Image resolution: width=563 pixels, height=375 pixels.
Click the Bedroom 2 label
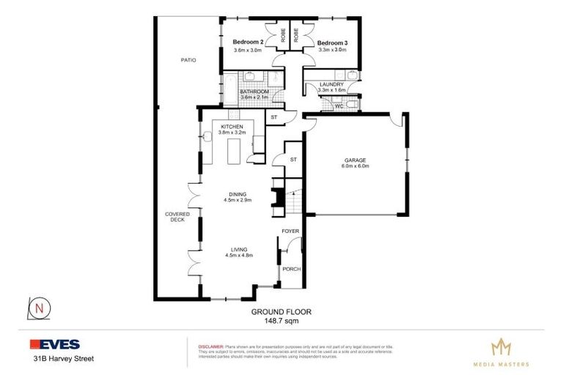click(248, 42)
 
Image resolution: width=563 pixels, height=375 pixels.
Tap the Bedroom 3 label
click(332, 42)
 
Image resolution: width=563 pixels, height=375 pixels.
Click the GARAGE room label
click(355, 160)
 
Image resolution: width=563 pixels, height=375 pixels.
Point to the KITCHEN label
click(232, 127)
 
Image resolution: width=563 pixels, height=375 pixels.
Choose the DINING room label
click(236, 193)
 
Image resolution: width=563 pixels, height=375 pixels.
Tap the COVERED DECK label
click(177, 216)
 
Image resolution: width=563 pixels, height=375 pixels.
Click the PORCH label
click(291, 269)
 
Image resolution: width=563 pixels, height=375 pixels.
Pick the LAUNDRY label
click(331, 84)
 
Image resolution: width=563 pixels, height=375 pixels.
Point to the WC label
click(338, 106)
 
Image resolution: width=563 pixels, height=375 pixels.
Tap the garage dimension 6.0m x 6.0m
click(355, 166)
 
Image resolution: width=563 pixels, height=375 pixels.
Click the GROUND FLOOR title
click(281, 311)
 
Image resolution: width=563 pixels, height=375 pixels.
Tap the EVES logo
click(55, 344)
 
